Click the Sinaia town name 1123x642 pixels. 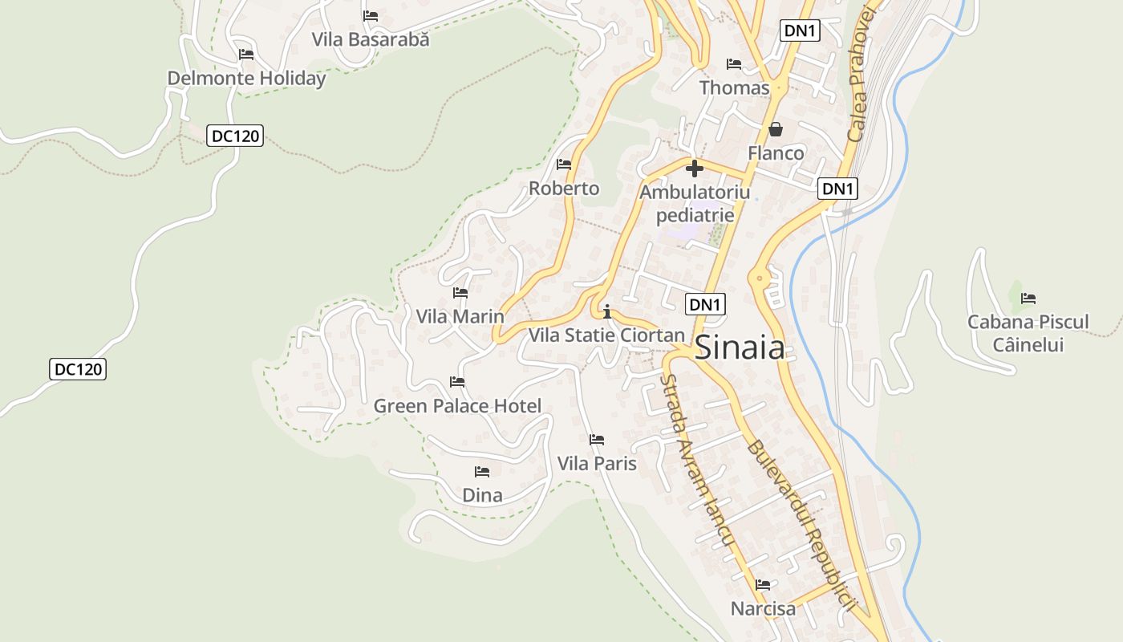coord(739,347)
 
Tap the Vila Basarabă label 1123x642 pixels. coord(371,39)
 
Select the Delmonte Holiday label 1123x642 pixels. coord(246,79)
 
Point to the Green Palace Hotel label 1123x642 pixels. coord(457,406)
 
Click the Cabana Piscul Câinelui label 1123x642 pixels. coord(1028,333)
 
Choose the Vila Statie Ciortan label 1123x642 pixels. coord(606,335)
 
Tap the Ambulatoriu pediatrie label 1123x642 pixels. coord(695,203)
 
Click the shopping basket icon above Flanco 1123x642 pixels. coord(776,129)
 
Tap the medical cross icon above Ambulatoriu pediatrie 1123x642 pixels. coord(695,169)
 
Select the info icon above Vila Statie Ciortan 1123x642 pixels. coord(607,311)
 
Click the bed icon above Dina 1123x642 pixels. coord(482,471)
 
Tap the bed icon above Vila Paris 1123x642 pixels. coord(597,440)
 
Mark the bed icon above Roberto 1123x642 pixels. coord(564,165)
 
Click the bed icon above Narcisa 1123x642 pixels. coord(763,585)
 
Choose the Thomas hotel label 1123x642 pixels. coord(734,87)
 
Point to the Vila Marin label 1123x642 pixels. coord(460,316)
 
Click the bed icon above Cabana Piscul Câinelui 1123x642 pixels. coord(1028,299)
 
